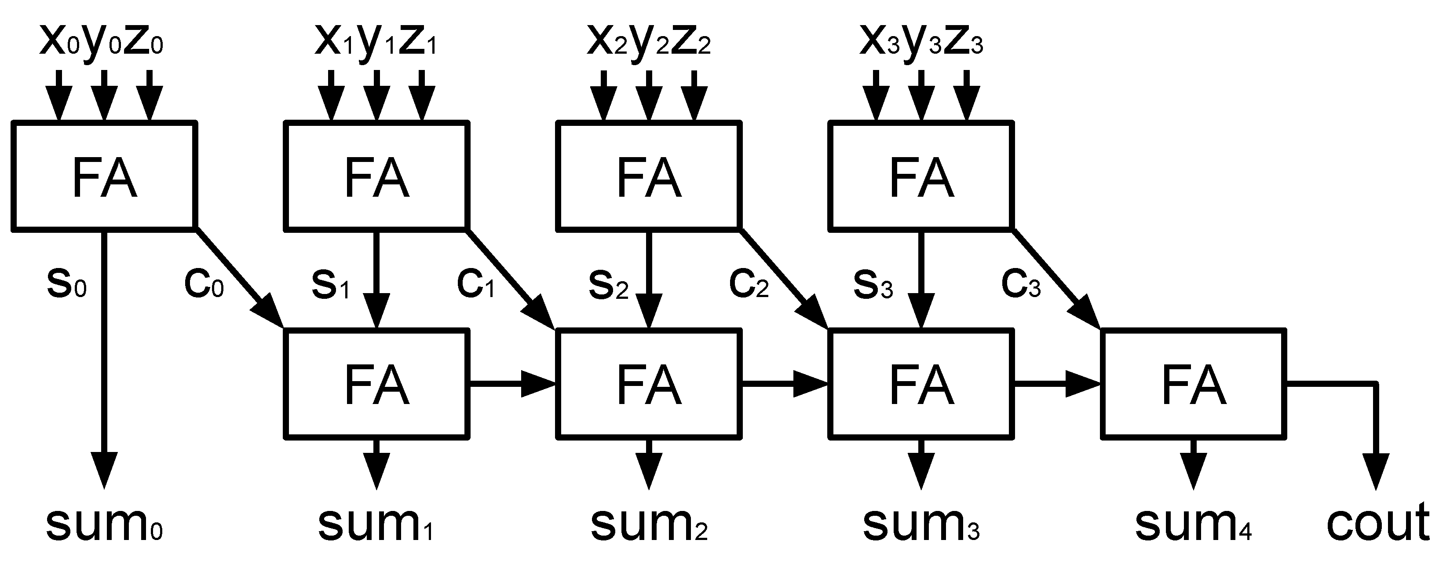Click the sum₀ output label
coord(104,524)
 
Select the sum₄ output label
coord(1192,524)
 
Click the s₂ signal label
coord(608,284)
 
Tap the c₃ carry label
coord(1020,284)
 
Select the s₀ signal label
coord(66,284)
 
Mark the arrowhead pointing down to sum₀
coord(104,470)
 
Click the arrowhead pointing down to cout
coord(1377,470)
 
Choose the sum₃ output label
coord(921,524)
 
